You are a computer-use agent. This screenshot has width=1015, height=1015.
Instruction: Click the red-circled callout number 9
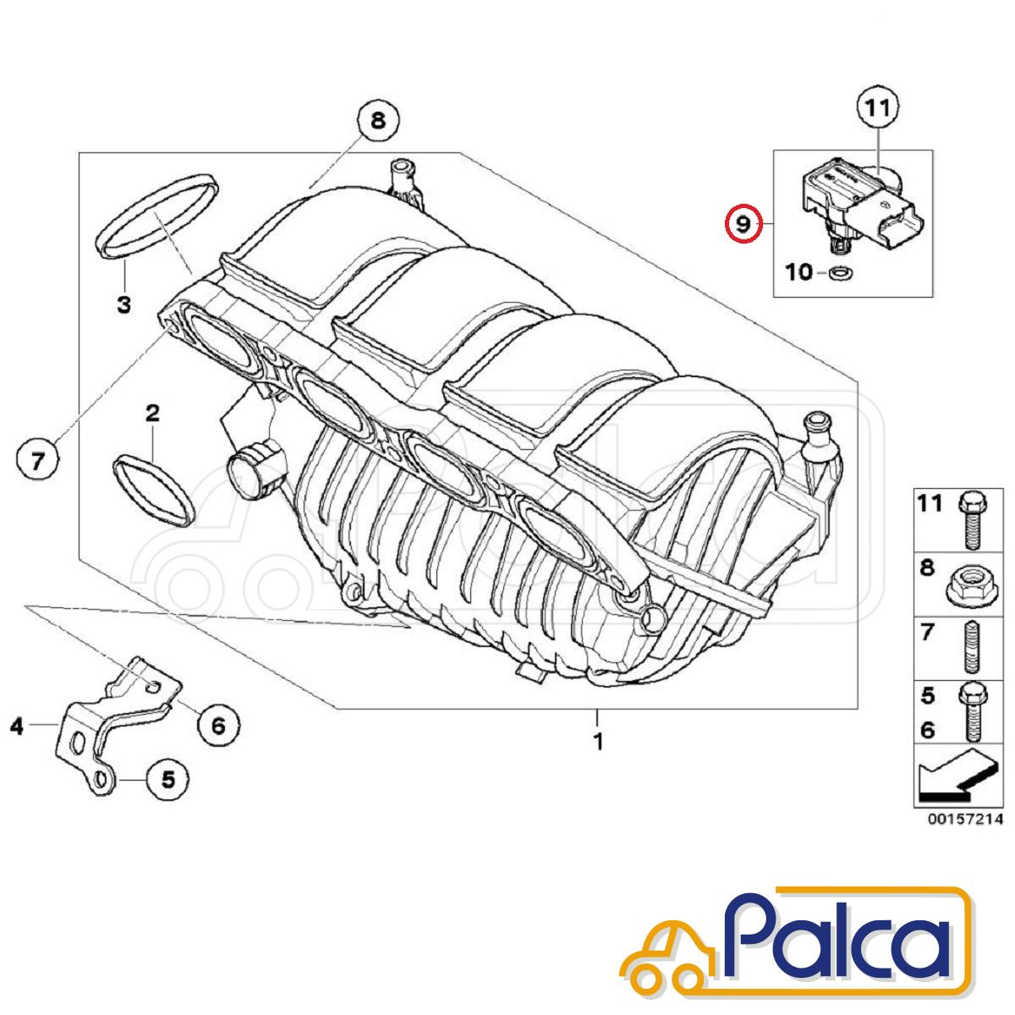click(742, 224)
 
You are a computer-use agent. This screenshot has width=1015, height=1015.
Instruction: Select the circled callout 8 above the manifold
click(377, 121)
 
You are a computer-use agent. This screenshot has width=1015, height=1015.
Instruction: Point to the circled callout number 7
click(38, 461)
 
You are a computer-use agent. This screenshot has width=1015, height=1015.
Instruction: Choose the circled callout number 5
click(168, 779)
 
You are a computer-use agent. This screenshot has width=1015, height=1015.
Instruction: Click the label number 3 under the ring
click(123, 304)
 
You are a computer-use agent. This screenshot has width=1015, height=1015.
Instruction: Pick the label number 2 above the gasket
click(152, 414)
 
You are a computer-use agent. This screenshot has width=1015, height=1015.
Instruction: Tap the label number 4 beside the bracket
click(17, 725)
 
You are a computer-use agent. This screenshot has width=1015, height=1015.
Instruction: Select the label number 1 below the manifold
click(598, 742)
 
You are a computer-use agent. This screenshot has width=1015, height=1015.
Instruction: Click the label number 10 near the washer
click(799, 272)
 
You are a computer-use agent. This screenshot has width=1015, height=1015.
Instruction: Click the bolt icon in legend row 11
click(969, 518)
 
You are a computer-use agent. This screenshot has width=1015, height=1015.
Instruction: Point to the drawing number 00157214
click(964, 819)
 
